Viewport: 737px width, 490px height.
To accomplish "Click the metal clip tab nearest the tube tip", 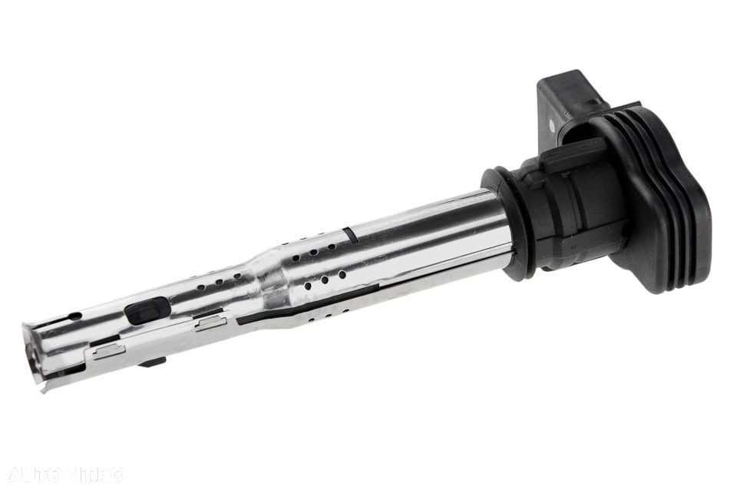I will (x=108, y=351).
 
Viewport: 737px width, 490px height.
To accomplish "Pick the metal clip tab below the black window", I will (x=210, y=323).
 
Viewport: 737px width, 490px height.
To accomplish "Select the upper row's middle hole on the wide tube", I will (x=316, y=250).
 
